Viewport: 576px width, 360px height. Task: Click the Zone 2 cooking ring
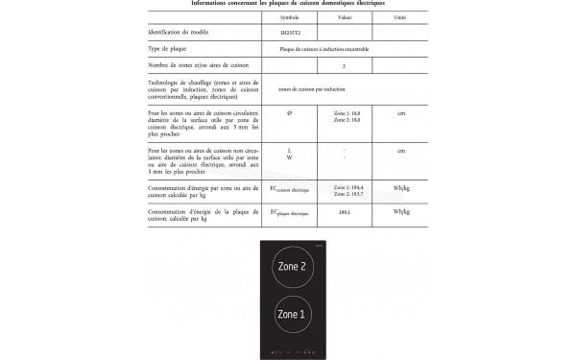click(292, 267)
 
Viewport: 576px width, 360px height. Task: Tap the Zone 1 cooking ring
click(292, 314)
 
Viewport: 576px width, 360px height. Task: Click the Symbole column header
click(289, 18)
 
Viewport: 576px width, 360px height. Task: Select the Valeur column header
click(344, 18)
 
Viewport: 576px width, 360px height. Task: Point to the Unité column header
click(400, 18)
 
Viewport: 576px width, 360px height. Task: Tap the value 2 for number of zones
click(344, 65)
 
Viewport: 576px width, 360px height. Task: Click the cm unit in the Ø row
click(401, 114)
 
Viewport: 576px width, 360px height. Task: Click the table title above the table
click(288, 4)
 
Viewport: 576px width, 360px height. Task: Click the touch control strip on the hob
click(292, 350)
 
